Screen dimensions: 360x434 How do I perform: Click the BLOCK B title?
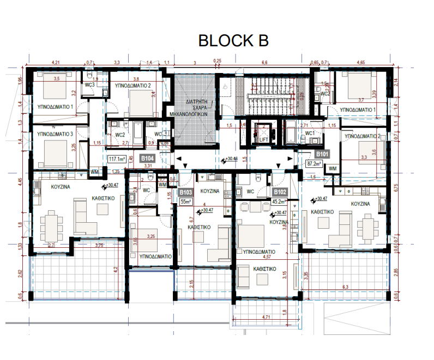pyautogui.click(x=233, y=40)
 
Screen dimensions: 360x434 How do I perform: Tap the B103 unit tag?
pyautogui.click(x=186, y=192)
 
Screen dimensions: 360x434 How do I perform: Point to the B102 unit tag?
pyautogui.click(x=280, y=192)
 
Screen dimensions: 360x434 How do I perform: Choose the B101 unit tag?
pyautogui.click(x=323, y=154)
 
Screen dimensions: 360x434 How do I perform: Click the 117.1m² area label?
pyautogui.click(x=116, y=159)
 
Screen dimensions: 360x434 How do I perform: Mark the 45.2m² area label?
pyautogui.click(x=280, y=200)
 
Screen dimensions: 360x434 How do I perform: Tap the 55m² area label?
pyautogui.click(x=186, y=200)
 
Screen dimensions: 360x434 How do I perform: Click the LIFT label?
pyautogui.click(x=264, y=139)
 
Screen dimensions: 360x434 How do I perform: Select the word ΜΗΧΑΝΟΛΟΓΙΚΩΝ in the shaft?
pyautogui.click(x=190, y=115)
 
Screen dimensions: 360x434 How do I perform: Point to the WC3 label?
pyautogui.click(x=90, y=85)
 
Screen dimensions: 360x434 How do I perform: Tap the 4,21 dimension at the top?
pyautogui.click(x=55, y=63)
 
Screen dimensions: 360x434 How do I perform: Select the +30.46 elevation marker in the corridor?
pyautogui.click(x=232, y=160)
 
